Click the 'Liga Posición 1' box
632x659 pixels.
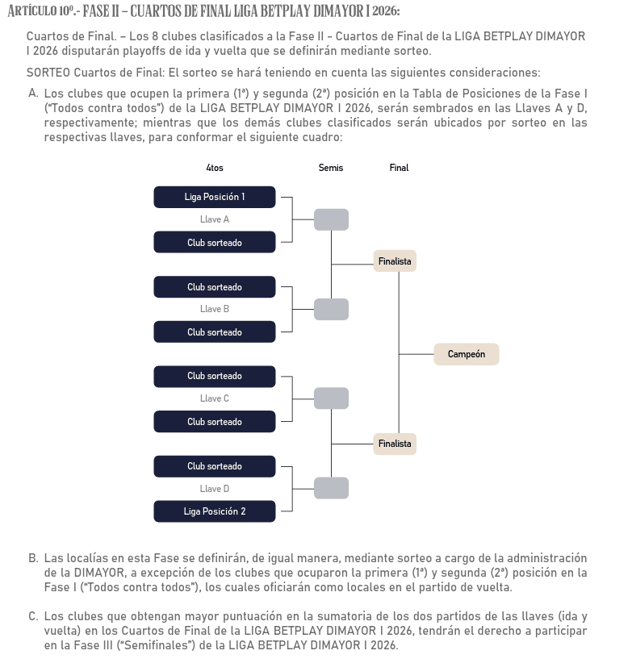point(214,197)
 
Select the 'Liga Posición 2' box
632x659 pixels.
point(214,511)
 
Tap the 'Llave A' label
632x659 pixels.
point(215,219)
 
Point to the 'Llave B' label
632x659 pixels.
point(215,309)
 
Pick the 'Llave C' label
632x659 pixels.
point(215,398)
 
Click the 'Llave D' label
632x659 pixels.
point(215,489)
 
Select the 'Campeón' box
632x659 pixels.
point(466,354)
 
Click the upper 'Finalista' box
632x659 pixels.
point(395,261)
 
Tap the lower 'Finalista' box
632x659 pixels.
point(395,444)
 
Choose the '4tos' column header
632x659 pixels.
point(215,168)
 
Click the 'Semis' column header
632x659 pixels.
point(331,168)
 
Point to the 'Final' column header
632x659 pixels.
point(399,168)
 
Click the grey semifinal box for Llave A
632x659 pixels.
point(331,219)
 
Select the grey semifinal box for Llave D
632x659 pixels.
point(331,488)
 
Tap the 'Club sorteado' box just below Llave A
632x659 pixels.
point(214,243)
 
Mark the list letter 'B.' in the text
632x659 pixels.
point(33,558)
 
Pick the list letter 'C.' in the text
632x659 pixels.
point(33,616)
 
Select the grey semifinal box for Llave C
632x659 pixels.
point(331,398)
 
